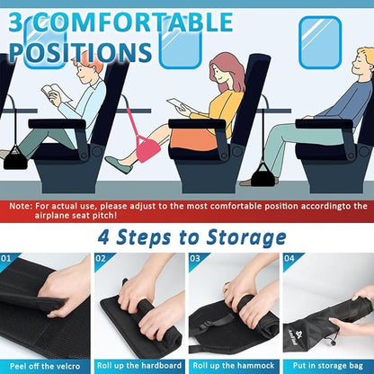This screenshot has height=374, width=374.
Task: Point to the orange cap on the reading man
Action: coord(84,56)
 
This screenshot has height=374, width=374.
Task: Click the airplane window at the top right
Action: coord(319,36)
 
